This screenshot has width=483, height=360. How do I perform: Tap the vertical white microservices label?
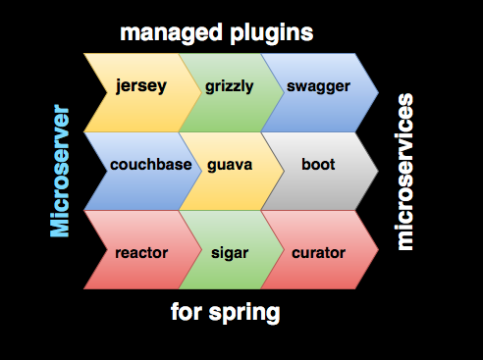[x=403, y=172]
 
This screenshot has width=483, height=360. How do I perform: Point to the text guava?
[x=230, y=164]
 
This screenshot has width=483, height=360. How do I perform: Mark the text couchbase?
[x=150, y=164]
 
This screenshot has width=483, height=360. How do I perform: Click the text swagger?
[x=319, y=85]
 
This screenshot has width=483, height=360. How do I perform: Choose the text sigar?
[x=230, y=252]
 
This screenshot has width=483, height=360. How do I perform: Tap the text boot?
[x=319, y=164]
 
